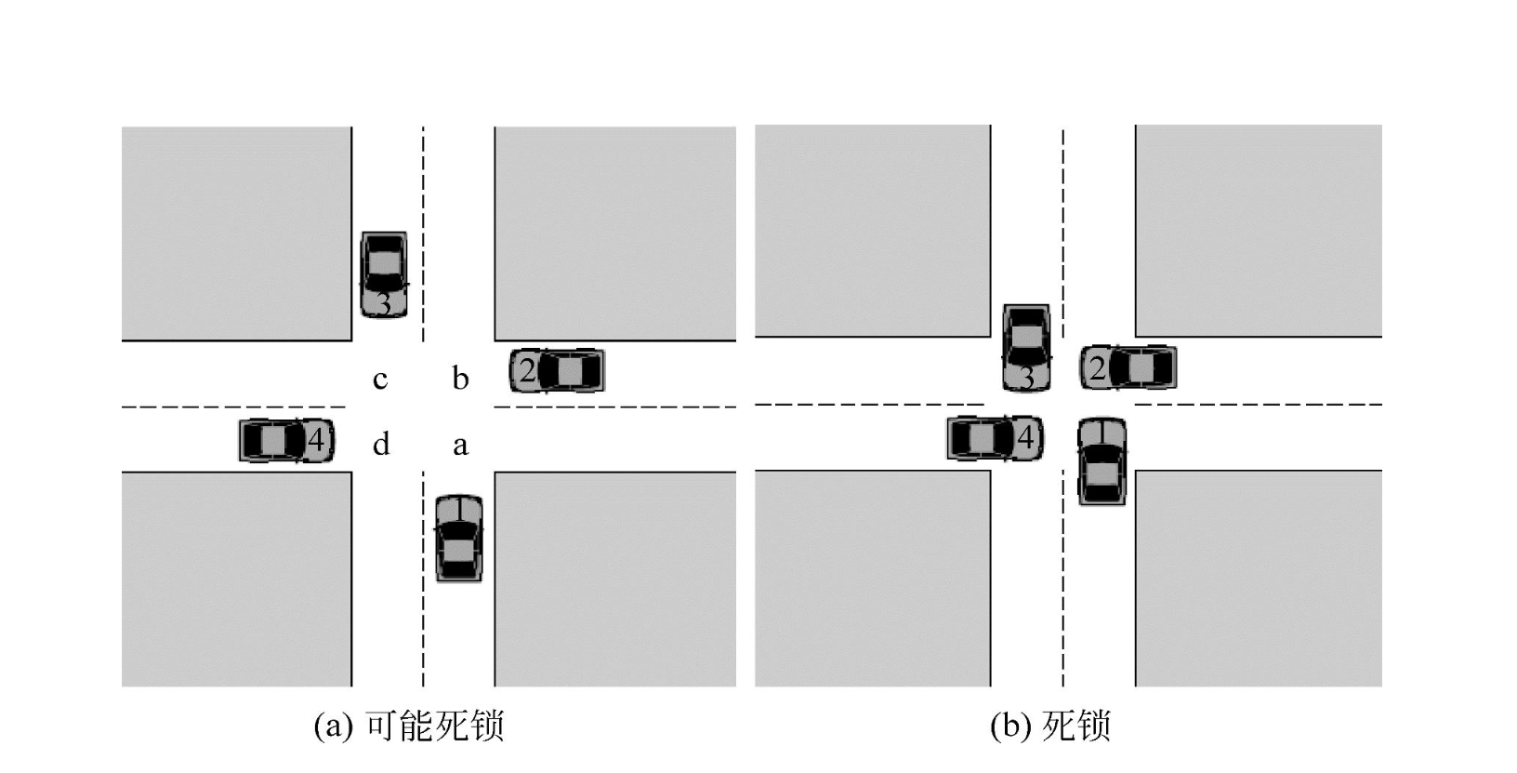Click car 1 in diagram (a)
[x=459, y=539]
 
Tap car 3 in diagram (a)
[x=384, y=275]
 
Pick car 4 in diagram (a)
[x=286, y=440]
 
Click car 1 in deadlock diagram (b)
[x=1101, y=461]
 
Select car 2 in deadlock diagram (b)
[x=1128, y=368]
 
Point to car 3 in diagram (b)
[x=1026, y=347]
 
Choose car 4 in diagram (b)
[x=995, y=438]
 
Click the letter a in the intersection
[x=460, y=446]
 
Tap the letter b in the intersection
[x=460, y=379]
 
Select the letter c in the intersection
[x=380, y=380]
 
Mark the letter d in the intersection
[x=381, y=445]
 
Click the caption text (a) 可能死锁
[x=409, y=726]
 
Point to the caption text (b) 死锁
[x=1050, y=726]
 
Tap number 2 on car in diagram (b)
[x=1098, y=369]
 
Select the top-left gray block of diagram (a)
[x=236, y=233]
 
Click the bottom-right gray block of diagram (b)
[x=1258, y=578]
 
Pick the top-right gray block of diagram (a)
[x=614, y=233]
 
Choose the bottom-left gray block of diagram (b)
[x=872, y=578]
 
